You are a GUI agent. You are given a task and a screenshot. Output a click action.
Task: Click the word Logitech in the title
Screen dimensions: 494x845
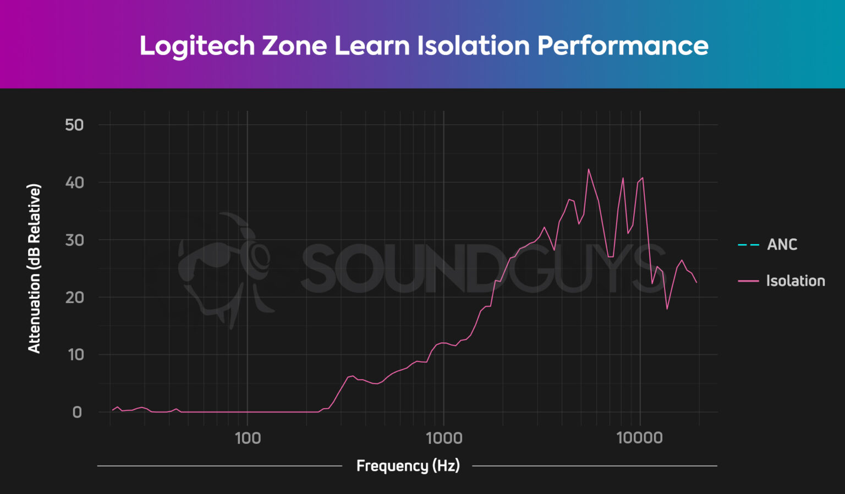(x=197, y=46)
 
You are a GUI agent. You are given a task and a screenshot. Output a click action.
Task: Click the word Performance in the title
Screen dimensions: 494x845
(x=622, y=46)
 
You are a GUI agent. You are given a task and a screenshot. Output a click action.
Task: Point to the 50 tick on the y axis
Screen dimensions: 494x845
(x=74, y=125)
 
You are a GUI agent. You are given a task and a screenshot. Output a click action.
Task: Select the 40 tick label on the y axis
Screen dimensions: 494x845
(x=74, y=183)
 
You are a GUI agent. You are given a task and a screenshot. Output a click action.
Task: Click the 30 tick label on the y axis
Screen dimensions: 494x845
(x=74, y=240)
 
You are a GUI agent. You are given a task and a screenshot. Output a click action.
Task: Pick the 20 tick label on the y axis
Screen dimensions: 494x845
(x=74, y=298)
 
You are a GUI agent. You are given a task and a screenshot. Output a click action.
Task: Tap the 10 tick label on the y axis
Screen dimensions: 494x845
(x=75, y=355)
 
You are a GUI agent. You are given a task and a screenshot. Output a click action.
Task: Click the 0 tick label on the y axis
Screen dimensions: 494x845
(x=77, y=412)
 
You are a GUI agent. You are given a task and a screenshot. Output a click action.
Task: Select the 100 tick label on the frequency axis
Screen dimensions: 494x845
(x=248, y=438)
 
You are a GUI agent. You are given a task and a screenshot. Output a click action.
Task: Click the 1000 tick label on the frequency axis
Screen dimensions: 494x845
(x=444, y=438)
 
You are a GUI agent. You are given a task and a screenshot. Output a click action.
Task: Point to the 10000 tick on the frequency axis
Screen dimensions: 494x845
(x=639, y=438)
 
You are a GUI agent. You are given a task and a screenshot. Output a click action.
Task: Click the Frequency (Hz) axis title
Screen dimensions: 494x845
(x=408, y=466)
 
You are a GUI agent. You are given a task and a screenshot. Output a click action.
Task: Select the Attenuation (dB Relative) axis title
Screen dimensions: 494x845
(x=34, y=268)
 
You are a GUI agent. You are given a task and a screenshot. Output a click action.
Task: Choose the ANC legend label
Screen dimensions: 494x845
(x=782, y=245)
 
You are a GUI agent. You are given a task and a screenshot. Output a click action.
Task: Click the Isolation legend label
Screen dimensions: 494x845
(x=795, y=281)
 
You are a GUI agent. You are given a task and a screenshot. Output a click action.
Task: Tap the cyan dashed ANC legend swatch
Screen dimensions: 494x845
(x=748, y=245)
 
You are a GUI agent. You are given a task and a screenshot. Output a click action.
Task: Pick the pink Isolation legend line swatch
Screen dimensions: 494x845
(x=748, y=281)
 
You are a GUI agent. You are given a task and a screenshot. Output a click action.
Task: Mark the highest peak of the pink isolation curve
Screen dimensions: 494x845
(x=588, y=169)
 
